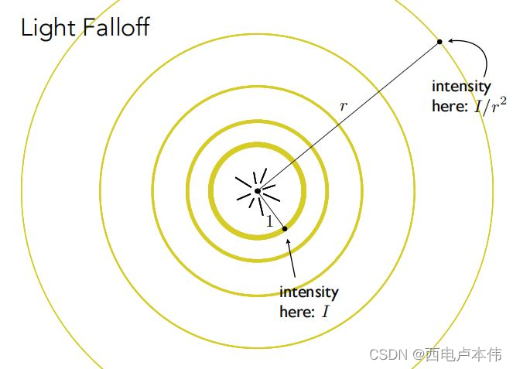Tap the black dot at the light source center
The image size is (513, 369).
pos(258,190)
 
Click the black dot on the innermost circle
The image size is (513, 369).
pos(285,228)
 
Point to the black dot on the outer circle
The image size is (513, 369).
pos(439,41)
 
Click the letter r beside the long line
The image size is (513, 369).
pos(344,106)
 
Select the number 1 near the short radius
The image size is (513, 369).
pos(269,220)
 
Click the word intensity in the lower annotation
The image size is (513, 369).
pos(309,292)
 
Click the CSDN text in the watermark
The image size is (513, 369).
pos(388,354)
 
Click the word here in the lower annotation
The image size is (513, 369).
pos(296,313)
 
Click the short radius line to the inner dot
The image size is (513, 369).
pos(272,210)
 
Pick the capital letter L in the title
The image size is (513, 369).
pos(26,29)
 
